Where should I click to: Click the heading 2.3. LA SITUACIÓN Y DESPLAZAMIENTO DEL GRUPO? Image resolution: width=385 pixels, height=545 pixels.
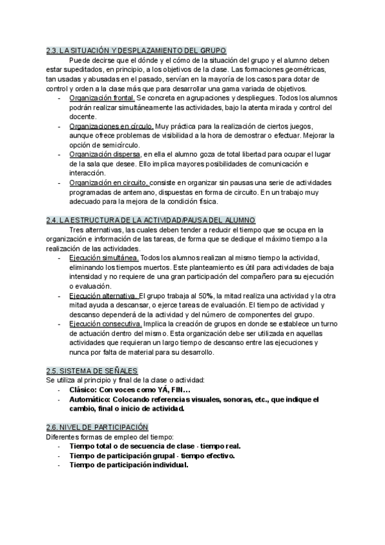click(x=136, y=51)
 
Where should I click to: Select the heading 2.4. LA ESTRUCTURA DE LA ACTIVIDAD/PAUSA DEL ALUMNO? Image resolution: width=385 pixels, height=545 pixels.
click(x=151, y=220)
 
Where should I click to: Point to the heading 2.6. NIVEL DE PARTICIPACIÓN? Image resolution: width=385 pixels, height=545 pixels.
click(x=98, y=427)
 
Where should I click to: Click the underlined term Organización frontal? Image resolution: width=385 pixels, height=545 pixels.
click(x=102, y=98)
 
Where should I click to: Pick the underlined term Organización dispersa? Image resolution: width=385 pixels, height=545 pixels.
click(x=105, y=154)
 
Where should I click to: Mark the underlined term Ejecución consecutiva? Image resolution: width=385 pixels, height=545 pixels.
click(x=105, y=324)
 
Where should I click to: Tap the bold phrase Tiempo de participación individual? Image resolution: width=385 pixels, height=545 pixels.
click(x=128, y=465)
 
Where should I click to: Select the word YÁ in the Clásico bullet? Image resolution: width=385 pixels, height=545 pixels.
click(x=158, y=389)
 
